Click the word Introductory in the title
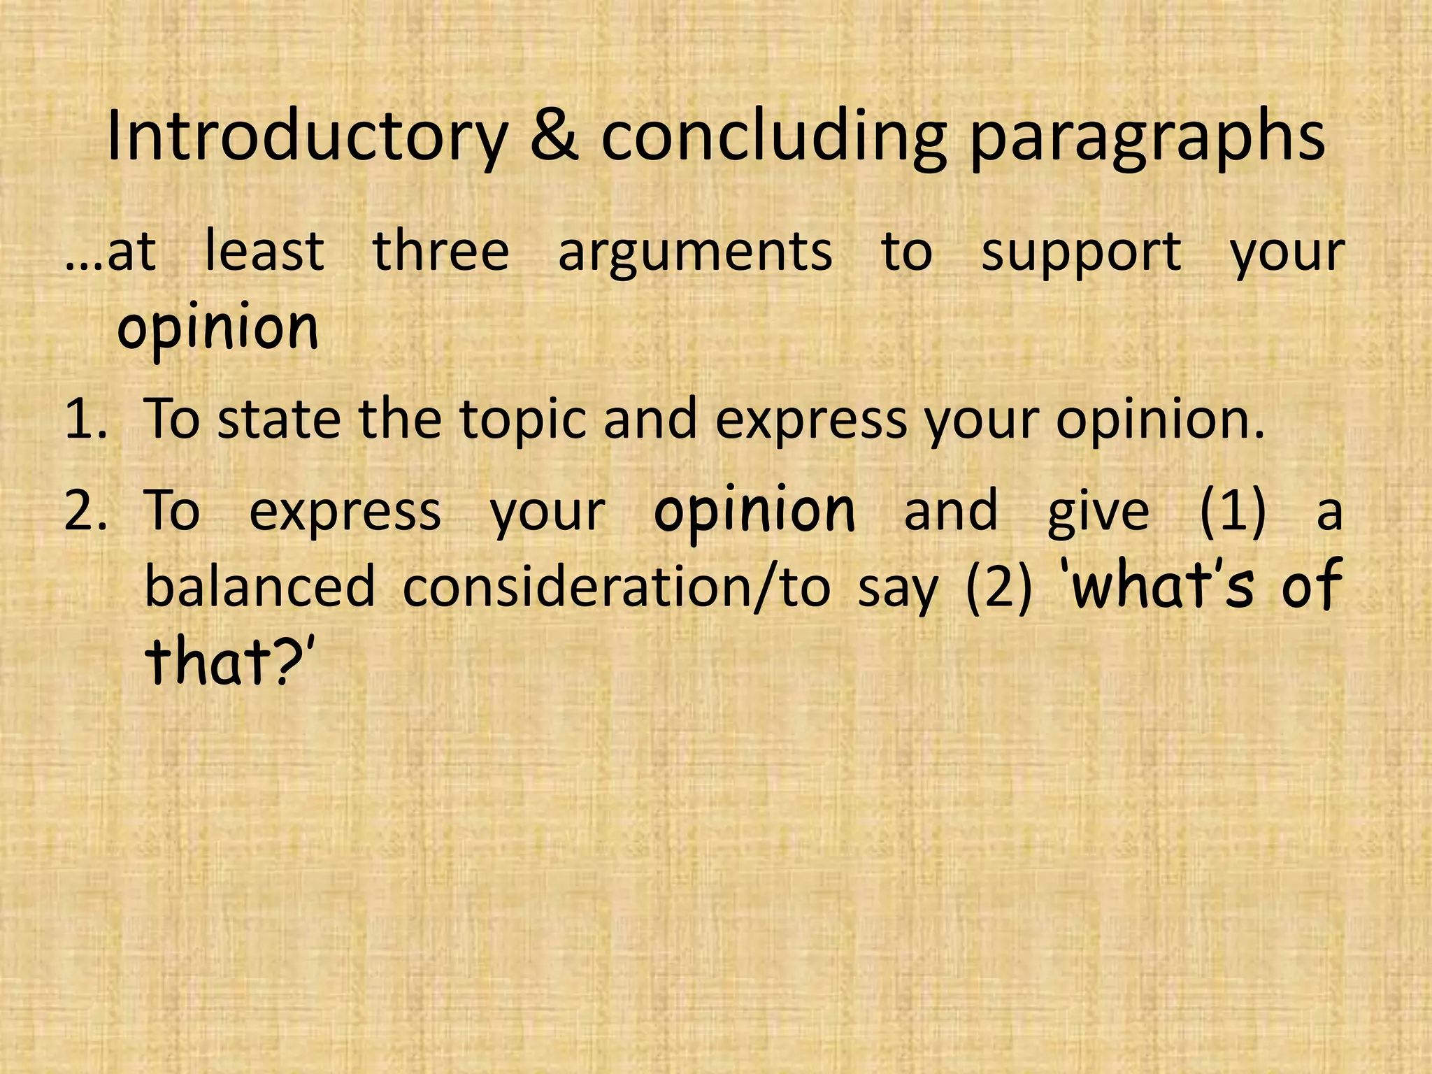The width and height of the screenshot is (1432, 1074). point(306,137)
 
